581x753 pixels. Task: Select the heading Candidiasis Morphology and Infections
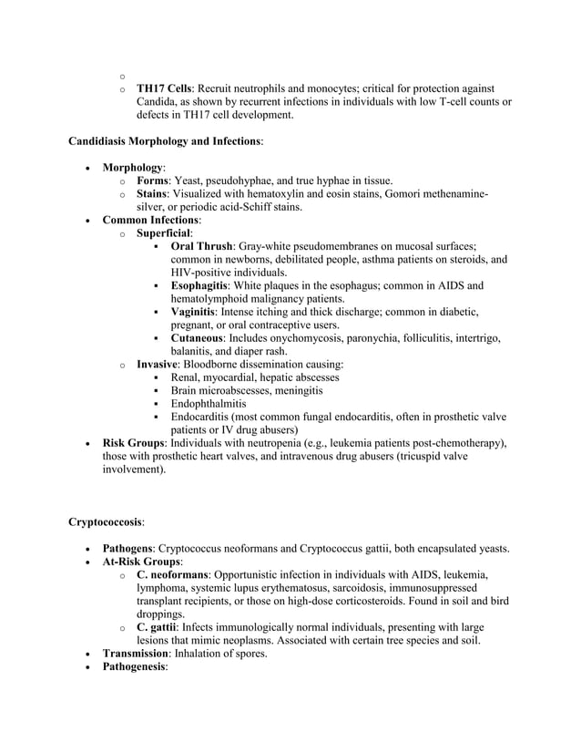click(x=165, y=142)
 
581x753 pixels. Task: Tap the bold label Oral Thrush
click(x=201, y=246)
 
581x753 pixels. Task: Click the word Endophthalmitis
click(x=214, y=404)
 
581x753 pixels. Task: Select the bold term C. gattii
click(x=161, y=628)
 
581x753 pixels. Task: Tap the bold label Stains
click(x=156, y=194)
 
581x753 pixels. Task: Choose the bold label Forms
click(x=156, y=181)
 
